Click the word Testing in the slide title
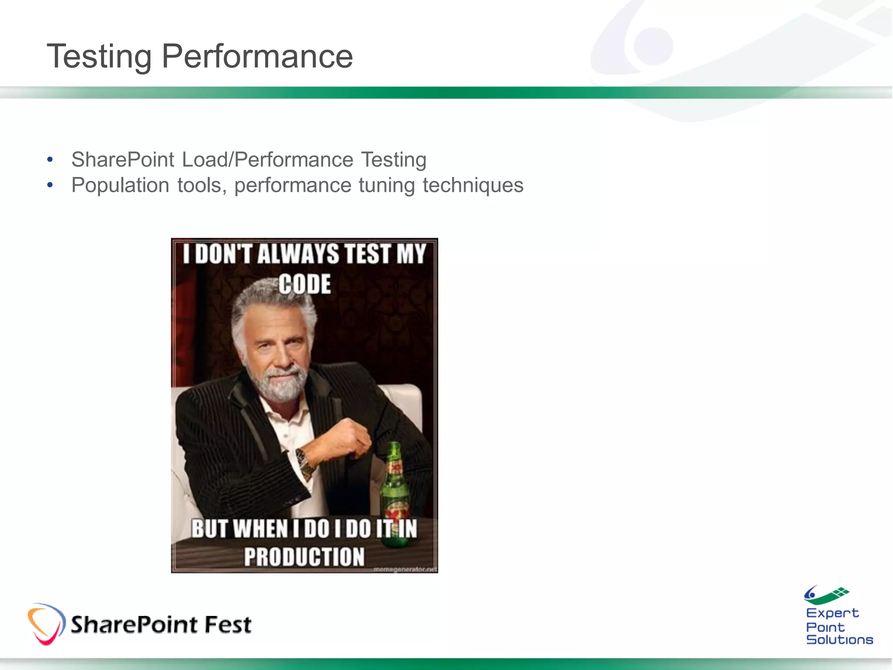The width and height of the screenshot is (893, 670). coord(99,57)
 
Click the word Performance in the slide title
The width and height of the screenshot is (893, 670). coord(257,57)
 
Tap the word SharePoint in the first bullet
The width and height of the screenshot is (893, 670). coord(123,160)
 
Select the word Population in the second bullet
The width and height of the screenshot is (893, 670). coord(120,185)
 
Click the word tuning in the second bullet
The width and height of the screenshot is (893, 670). coord(386,185)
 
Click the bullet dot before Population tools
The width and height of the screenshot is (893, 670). coord(50,185)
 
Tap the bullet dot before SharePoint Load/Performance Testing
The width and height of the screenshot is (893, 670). coord(50,160)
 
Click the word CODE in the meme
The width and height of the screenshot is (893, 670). coord(304,284)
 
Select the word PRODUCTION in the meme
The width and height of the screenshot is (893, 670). coord(304,557)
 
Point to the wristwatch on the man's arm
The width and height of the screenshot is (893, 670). coord(306,462)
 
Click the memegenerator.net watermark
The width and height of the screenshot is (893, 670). coord(405,569)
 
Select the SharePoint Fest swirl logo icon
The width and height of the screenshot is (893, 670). coord(46,624)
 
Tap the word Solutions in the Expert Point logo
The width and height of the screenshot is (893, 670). coord(839,639)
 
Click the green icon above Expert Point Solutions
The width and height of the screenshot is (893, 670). coord(826,595)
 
